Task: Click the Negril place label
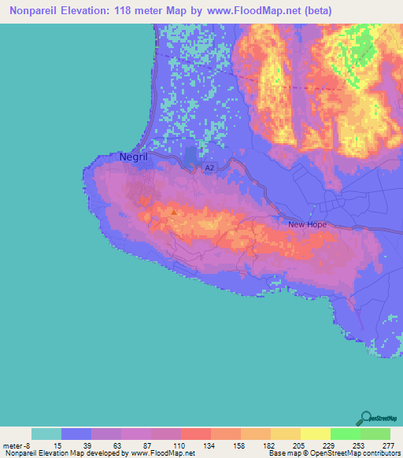(x=135, y=157)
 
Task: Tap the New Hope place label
(x=307, y=224)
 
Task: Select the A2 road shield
(x=209, y=168)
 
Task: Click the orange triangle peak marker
(x=174, y=210)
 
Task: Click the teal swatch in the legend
(x=46, y=434)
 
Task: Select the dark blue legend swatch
(x=76, y=434)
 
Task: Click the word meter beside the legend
(x=14, y=445)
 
